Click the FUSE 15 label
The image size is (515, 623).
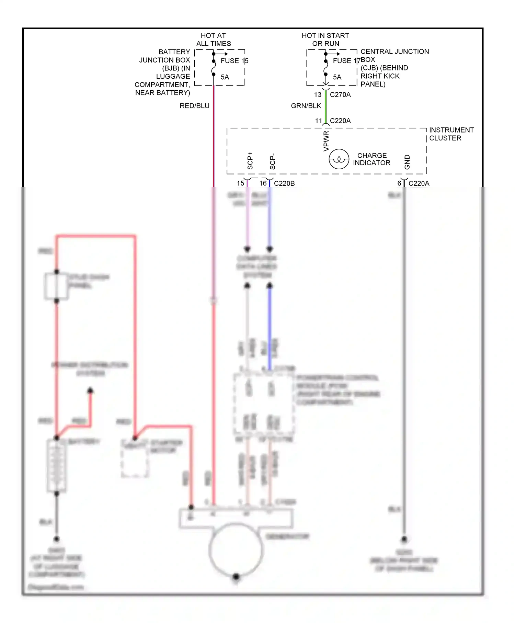coord(234,61)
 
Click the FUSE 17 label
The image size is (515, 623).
coord(346,61)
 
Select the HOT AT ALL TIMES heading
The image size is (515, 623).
coord(213,39)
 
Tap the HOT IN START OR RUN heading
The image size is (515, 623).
coord(325,39)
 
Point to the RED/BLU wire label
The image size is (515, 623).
coord(194,106)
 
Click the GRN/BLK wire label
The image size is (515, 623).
coord(306,106)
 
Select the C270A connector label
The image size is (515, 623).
coord(340,95)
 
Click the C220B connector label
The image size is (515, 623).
coord(284,183)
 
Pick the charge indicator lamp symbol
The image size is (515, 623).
coord(339,159)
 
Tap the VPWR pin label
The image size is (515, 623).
coord(326,141)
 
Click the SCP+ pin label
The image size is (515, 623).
coord(250,161)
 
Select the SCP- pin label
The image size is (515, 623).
coord(272,161)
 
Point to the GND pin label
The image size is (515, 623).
coord(407,162)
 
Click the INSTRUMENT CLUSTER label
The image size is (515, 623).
coord(451,134)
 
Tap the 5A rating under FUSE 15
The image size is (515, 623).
coord(225,77)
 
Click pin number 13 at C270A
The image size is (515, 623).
coord(318,95)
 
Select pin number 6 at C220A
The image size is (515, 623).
coord(399,183)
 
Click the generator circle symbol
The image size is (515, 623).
coord(236,550)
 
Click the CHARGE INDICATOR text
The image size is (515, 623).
coord(372,159)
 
